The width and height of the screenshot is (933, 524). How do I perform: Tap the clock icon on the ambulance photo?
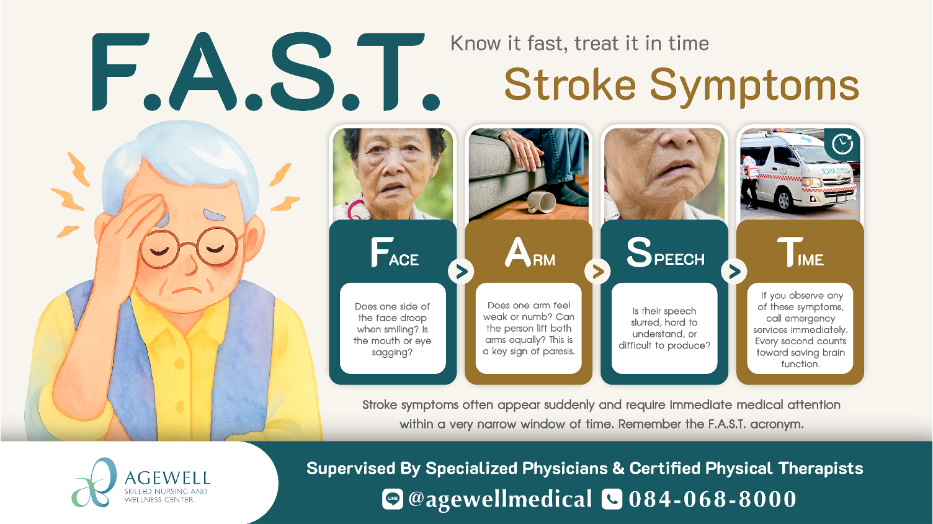(x=842, y=144)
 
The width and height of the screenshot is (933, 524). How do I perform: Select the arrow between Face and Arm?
(x=461, y=271)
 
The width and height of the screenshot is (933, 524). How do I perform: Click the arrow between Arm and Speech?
(x=597, y=271)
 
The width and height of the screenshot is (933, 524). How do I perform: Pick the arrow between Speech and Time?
(x=734, y=271)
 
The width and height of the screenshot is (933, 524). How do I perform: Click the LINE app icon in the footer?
(x=392, y=499)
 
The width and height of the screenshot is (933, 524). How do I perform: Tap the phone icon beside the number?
(x=612, y=499)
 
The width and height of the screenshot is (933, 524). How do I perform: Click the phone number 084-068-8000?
(x=712, y=499)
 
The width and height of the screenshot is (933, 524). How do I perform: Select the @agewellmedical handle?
(x=500, y=499)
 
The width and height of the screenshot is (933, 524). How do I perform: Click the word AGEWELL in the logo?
(x=167, y=478)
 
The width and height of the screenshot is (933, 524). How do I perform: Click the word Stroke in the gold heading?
(x=569, y=85)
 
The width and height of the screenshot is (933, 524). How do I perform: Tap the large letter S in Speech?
(x=639, y=252)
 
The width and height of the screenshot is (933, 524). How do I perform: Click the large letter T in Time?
(x=789, y=252)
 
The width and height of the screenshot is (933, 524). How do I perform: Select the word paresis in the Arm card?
(x=558, y=351)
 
